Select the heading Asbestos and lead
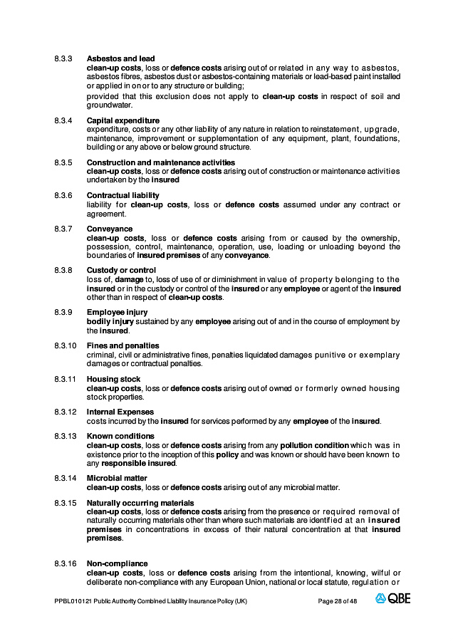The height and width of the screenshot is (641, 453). click(120, 58)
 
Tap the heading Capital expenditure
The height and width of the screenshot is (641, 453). click(123, 120)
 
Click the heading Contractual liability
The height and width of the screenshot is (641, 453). click(123, 195)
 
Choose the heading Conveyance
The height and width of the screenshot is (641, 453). click(108, 229)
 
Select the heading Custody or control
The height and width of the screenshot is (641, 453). click(121, 270)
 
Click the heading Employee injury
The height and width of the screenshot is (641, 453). click(117, 312)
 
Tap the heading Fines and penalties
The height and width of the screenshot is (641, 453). click(123, 345)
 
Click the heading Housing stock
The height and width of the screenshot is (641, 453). click(113, 379)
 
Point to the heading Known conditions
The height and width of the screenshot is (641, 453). click(120, 436)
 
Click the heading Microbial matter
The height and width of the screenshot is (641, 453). click(117, 479)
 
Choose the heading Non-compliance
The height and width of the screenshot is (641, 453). click(117, 563)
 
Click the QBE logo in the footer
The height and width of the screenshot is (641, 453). click(392, 600)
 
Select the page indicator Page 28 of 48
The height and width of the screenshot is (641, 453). click(337, 601)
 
